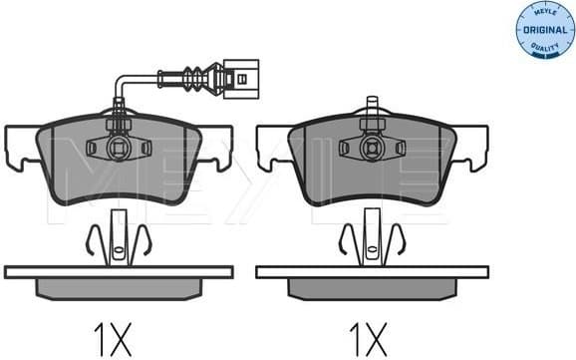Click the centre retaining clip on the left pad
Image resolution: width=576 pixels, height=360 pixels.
point(119,148)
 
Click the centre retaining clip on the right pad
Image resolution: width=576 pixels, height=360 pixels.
point(372,148)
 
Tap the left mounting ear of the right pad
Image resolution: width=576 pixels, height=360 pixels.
point(272,146)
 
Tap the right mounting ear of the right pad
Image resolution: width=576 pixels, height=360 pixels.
point(471,146)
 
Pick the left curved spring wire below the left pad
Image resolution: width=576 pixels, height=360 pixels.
point(91,240)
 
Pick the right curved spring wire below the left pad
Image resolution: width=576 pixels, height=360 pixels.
point(145,240)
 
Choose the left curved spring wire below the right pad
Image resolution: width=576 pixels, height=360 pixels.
point(345,240)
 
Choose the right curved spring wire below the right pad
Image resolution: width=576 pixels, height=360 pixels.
point(399,240)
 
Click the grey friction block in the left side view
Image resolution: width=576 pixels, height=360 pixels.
point(119,287)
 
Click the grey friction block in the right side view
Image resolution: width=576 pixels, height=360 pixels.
point(372,287)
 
